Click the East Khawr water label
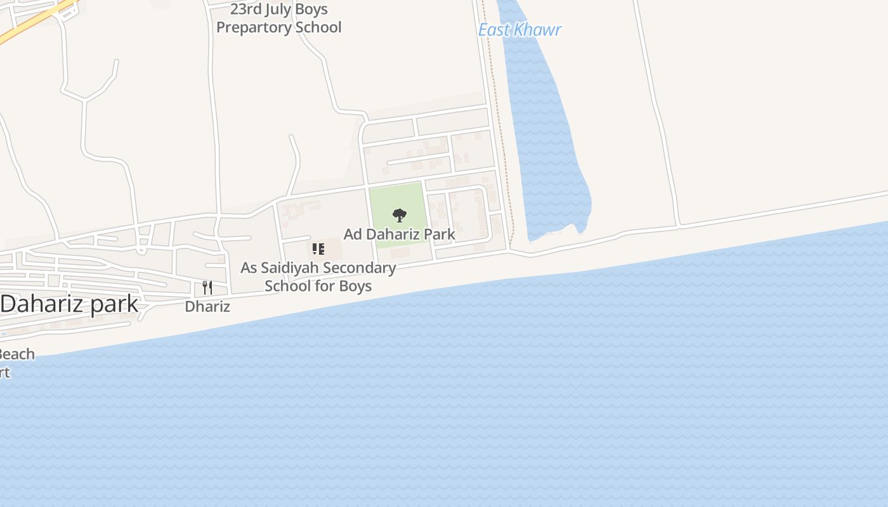point(519,30)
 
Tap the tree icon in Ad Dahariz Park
point(399,215)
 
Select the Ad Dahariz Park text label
point(399,234)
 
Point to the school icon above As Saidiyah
point(318,248)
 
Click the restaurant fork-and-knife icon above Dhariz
point(207,287)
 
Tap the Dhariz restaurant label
point(207,307)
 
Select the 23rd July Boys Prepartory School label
point(279,18)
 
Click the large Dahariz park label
point(69,304)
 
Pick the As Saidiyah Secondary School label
point(318,277)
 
